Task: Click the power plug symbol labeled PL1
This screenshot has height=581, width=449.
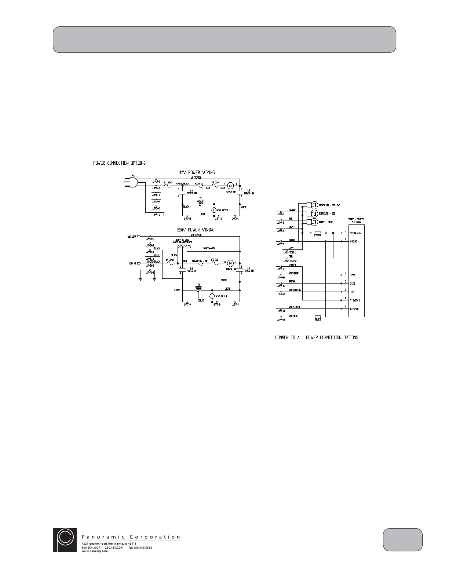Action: pos(132,181)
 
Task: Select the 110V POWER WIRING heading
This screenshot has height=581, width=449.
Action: pos(196,172)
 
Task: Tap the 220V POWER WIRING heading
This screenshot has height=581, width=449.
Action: pos(196,230)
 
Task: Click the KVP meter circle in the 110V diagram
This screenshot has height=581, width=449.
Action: pos(213,210)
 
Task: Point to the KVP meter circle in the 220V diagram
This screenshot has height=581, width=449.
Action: pos(212,296)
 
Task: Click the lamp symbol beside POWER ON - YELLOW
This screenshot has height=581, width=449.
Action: pos(314,205)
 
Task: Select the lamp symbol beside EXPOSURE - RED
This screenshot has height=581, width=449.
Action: pos(314,213)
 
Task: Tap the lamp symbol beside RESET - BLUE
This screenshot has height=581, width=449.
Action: pos(314,222)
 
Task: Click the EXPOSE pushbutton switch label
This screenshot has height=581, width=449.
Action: pos(318,235)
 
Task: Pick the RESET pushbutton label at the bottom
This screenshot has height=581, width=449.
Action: pos(318,320)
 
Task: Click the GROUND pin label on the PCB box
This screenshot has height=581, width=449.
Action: pos(355,241)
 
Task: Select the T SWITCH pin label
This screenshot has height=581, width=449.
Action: pos(355,300)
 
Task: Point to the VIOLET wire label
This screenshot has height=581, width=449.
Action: pos(292,265)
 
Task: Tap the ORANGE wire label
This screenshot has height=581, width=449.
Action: pos(292,211)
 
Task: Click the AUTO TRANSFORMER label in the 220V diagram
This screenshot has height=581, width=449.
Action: pos(183,242)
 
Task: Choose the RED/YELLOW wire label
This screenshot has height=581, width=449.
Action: pos(209,248)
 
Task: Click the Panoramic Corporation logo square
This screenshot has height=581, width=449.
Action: pos(65,540)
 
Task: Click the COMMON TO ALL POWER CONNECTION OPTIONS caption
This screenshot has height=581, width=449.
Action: pos(317,337)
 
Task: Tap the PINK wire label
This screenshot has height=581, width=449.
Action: pos(291,257)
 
